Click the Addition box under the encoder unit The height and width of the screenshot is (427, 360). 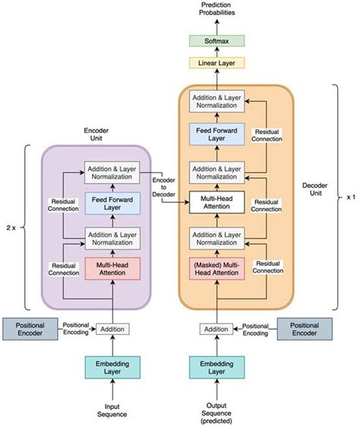[x=113, y=328]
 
